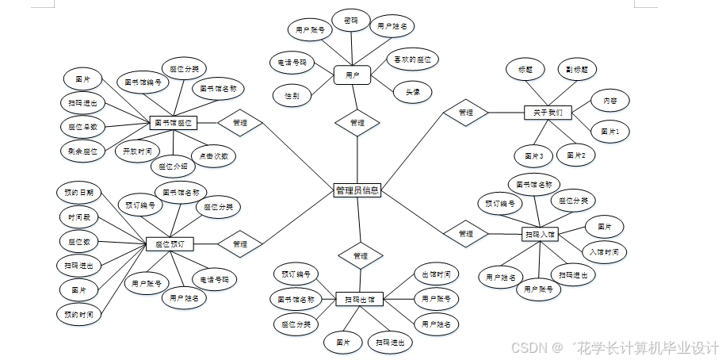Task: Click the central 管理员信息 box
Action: pyautogui.click(x=357, y=190)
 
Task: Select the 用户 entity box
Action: pyautogui.click(x=353, y=75)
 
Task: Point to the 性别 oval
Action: pyautogui.click(x=292, y=96)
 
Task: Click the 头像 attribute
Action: pyautogui.click(x=413, y=92)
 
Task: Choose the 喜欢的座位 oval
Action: pyautogui.click(x=411, y=59)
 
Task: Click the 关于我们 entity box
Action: pyautogui.click(x=548, y=113)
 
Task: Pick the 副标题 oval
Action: pyautogui.click(x=576, y=69)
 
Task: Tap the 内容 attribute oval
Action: pyautogui.click(x=610, y=101)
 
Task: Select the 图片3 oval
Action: pyautogui.click(x=533, y=156)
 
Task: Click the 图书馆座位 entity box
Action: pyautogui.click(x=173, y=123)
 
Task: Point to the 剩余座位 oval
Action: pyautogui.click(x=82, y=151)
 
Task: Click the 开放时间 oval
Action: pyautogui.click(x=137, y=150)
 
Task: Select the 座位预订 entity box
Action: pyautogui.click(x=170, y=244)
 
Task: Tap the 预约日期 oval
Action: pyautogui.click(x=79, y=193)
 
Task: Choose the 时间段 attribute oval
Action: pyautogui.click(x=79, y=216)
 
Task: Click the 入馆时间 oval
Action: pyautogui.click(x=604, y=251)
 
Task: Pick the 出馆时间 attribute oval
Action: pyautogui.click(x=436, y=274)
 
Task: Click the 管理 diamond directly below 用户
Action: pyautogui.click(x=357, y=123)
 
